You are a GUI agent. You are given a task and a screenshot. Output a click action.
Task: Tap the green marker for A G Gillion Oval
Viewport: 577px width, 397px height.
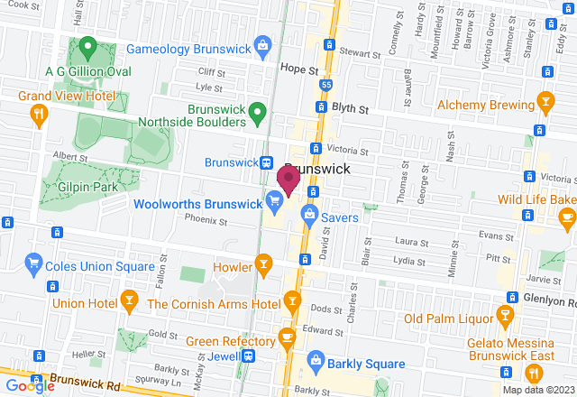pyautogui.click(x=87, y=45)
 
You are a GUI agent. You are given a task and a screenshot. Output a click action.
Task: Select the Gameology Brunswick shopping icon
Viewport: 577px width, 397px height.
pyautogui.click(x=262, y=44)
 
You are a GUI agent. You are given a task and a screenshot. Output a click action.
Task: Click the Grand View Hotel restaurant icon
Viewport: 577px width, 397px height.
pyautogui.click(x=38, y=113)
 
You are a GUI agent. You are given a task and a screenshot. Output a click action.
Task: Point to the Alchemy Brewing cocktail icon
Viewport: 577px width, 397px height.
pyautogui.click(x=545, y=101)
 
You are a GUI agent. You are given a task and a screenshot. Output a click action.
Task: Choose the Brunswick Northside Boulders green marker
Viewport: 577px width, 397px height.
pyautogui.click(x=257, y=113)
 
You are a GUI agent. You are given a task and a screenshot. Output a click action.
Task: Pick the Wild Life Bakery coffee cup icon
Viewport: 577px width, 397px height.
pyautogui.click(x=566, y=216)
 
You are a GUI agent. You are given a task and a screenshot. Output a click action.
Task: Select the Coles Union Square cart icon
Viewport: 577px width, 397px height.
pyautogui.click(x=34, y=263)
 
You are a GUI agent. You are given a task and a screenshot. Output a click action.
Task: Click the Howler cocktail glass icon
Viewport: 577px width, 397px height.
pyautogui.click(x=263, y=264)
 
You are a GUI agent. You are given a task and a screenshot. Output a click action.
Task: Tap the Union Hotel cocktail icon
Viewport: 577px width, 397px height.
pyautogui.click(x=129, y=301)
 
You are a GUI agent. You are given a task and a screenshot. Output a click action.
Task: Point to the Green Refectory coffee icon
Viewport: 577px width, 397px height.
pyautogui.click(x=287, y=338)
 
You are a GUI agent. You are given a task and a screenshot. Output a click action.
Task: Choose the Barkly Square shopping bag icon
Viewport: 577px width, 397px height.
pyautogui.click(x=316, y=361)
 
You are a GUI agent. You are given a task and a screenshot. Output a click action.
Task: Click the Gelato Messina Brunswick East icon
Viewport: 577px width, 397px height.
pyautogui.click(x=505, y=316)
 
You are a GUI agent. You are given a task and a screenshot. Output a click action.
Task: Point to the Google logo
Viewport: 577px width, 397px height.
pyautogui.click(x=29, y=386)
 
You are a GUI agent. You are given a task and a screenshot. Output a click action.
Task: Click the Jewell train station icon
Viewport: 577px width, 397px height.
pyautogui.click(x=246, y=357)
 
